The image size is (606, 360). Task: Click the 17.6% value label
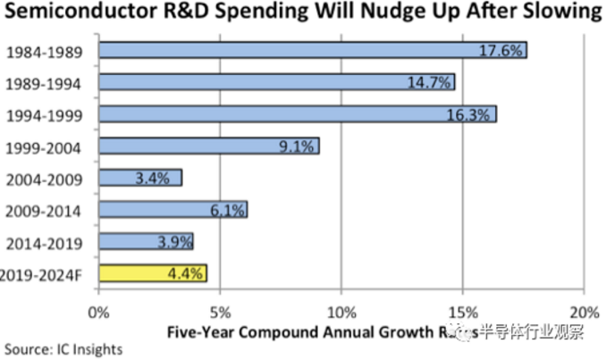[x=502, y=50]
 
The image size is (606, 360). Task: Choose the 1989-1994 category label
[x=44, y=83]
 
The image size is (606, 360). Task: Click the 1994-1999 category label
[x=44, y=115]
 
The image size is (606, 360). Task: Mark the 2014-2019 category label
[x=44, y=243]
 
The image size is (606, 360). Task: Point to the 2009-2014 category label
[x=44, y=211]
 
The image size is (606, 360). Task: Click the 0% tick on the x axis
[x=98, y=313]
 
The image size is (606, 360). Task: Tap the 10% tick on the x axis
[x=341, y=313]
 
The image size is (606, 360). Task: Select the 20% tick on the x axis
[x=583, y=313]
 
